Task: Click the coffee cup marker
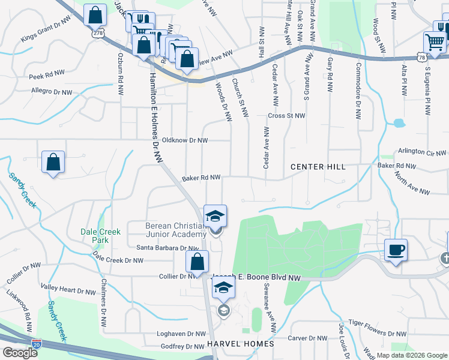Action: [395, 249]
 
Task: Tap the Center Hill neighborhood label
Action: [318, 166]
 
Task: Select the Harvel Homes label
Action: [240, 344]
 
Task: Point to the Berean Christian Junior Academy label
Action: [176, 230]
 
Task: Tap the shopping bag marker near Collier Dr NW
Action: [197, 261]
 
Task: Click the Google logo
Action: [19, 353]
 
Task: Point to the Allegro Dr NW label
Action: [52, 92]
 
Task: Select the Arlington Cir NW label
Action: [421, 152]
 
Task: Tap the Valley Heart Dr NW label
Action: [68, 290]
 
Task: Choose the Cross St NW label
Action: [287, 116]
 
